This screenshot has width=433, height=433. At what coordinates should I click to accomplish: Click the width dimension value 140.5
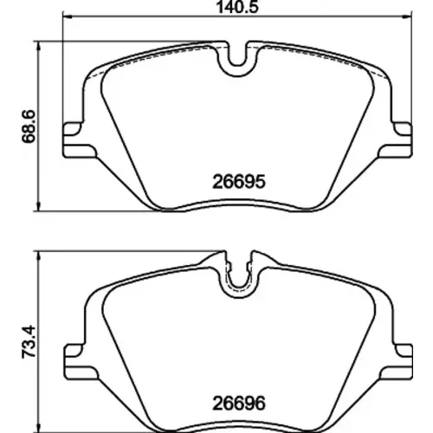click(x=237, y=7)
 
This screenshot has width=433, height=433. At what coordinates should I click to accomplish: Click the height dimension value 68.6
click(x=29, y=126)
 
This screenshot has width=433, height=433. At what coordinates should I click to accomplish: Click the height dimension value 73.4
click(x=29, y=342)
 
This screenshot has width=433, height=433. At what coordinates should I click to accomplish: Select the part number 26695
click(x=239, y=182)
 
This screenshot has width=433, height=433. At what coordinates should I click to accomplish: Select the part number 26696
click(x=239, y=404)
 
